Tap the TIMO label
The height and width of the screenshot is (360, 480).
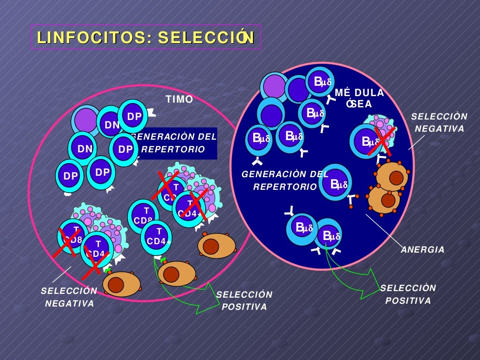180,99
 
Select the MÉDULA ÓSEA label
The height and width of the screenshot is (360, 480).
360,98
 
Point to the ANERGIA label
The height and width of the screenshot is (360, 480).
422,250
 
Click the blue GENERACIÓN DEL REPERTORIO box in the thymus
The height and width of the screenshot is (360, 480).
175,143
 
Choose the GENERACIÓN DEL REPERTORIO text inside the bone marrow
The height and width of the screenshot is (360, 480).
285,180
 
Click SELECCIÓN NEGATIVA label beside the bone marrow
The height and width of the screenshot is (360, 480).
439,122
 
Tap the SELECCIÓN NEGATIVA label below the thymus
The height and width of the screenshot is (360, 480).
69,297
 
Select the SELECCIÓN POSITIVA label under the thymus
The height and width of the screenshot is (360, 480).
244,300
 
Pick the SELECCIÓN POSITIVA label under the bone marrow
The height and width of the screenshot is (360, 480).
408,294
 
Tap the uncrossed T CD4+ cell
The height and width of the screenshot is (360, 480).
157,237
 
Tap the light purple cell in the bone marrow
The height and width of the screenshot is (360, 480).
275,86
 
